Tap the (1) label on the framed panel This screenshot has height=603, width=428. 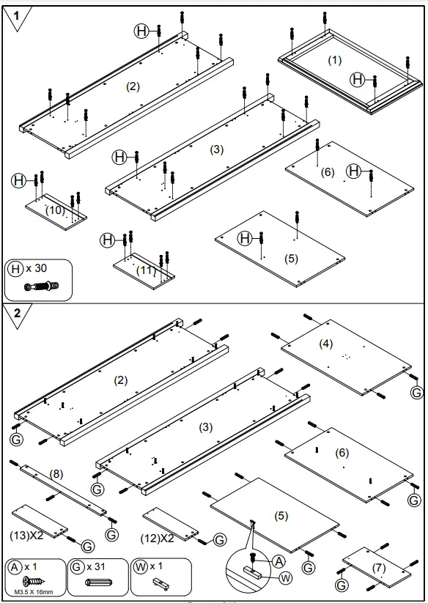pyautogui.click(x=335, y=59)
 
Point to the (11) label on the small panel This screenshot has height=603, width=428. pyautogui.click(x=147, y=270)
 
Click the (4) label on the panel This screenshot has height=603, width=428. pyautogui.click(x=325, y=343)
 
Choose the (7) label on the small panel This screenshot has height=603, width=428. pyautogui.click(x=378, y=568)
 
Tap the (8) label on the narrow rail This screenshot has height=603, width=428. pyautogui.click(x=56, y=473)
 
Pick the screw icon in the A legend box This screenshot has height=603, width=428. pyautogui.click(x=34, y=581)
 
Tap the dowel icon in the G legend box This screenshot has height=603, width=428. pyautogui.click(x=99, y=583)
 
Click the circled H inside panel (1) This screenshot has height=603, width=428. pyautogui.click(x=358, y=80)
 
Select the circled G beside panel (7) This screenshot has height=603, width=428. pyautogui.click(x=342, y=585)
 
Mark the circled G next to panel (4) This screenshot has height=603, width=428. pyautogui.click(x=417, y=392)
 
